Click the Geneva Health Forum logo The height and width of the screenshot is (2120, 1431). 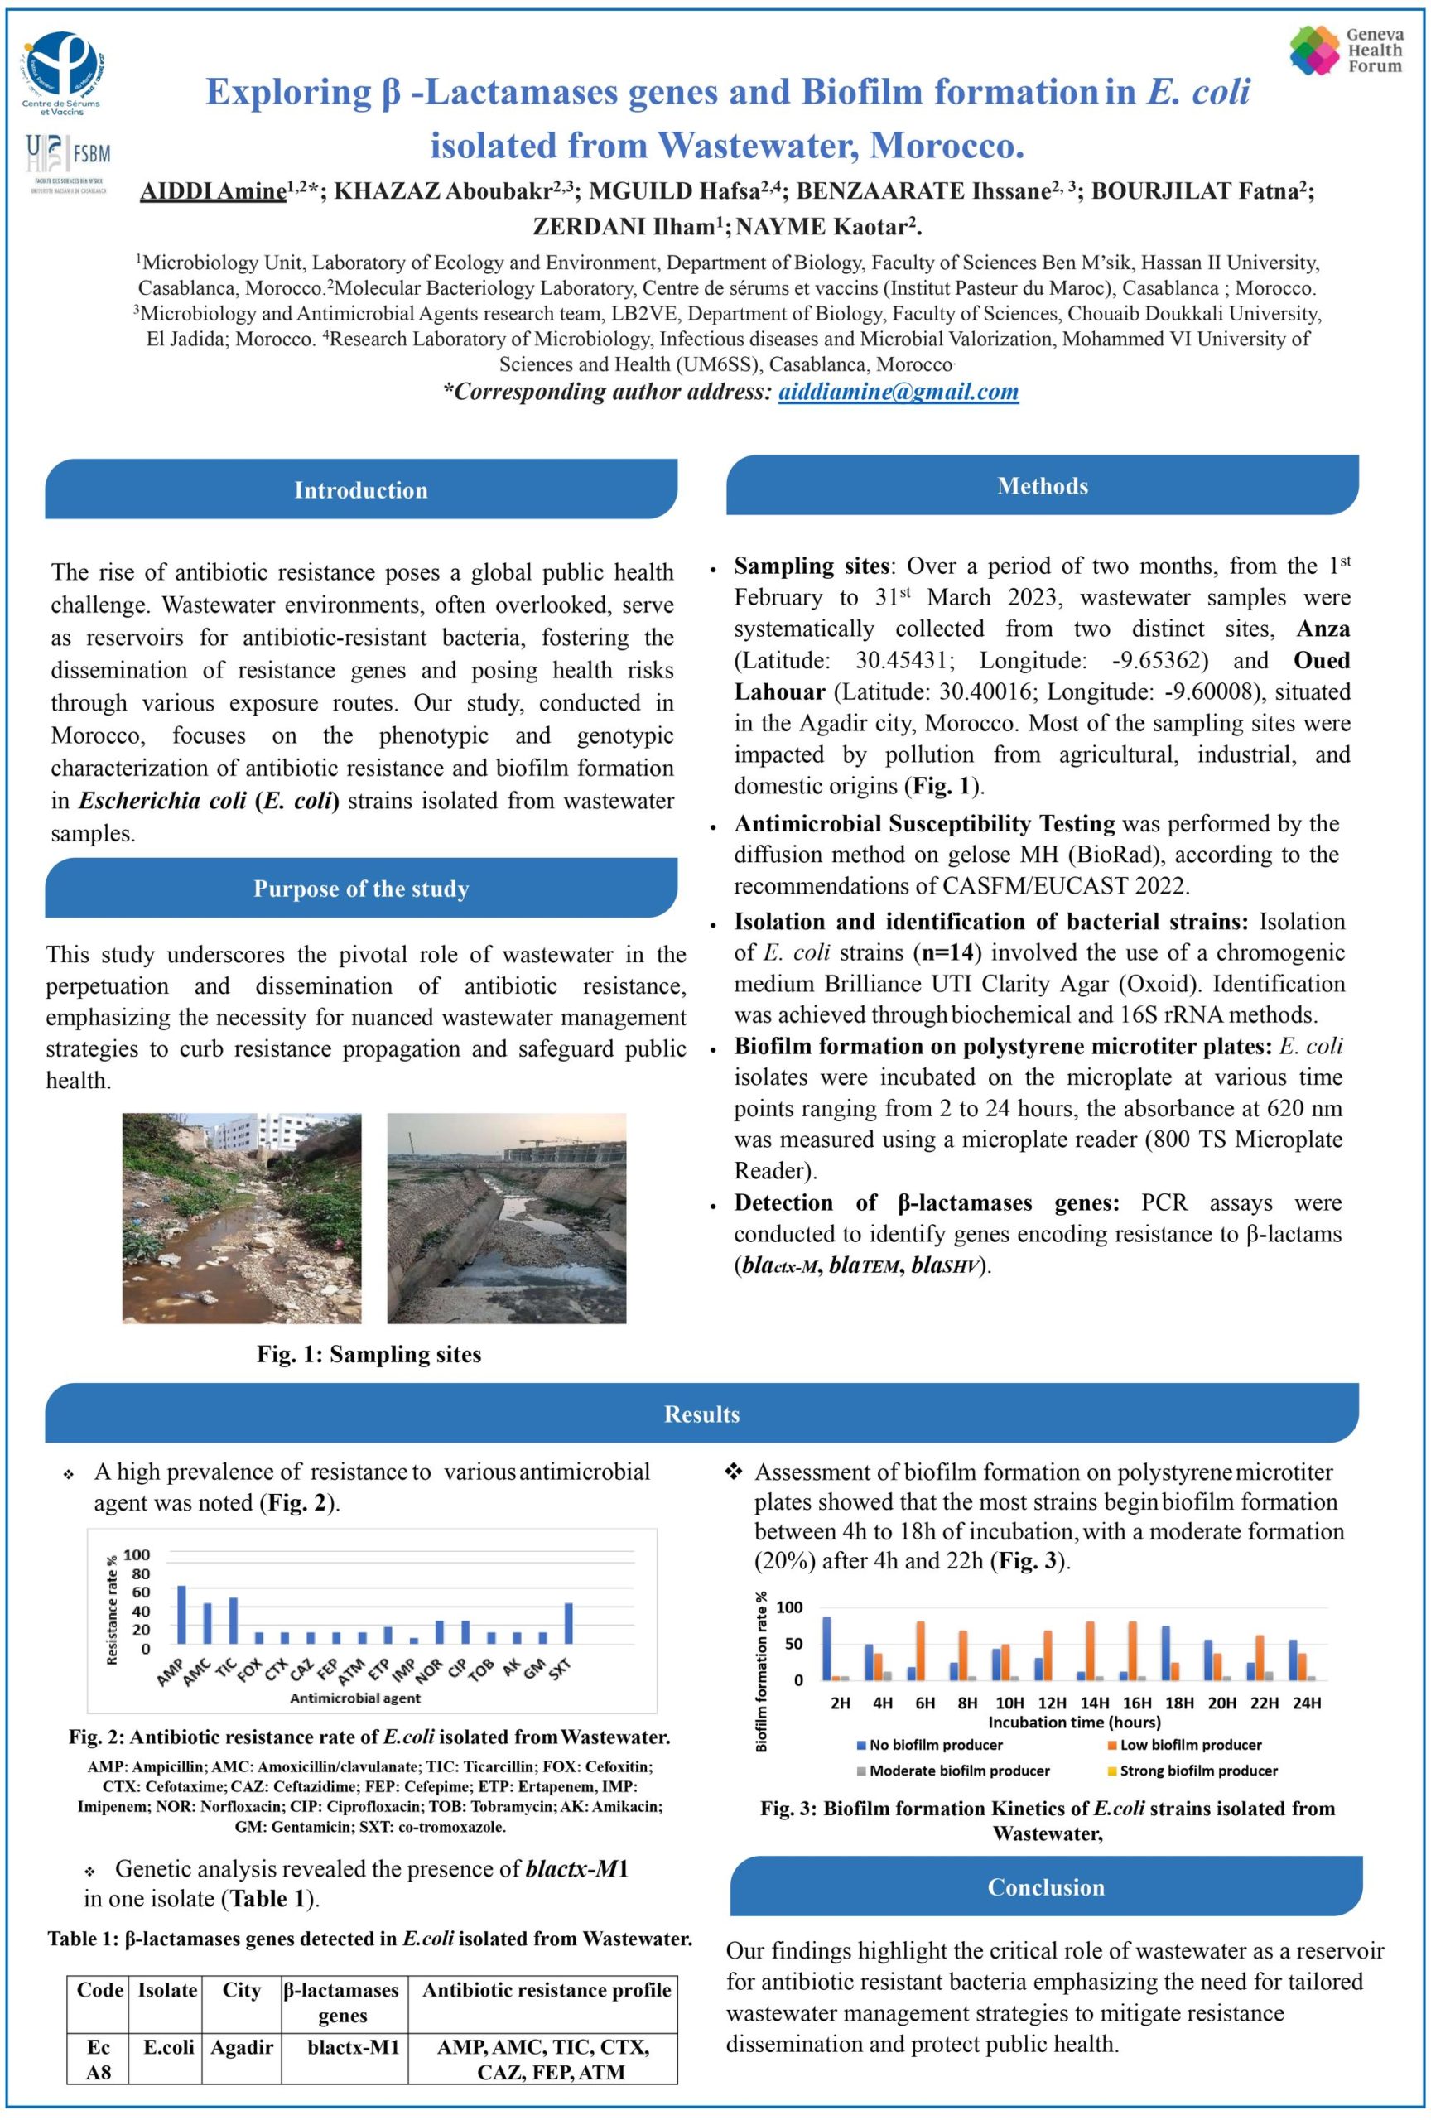click(1345, 51)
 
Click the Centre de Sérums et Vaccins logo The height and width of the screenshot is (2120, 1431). click(62, 73)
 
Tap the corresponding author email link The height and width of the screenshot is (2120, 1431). click(898, 393)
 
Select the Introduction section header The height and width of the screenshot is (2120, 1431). click(360, 490)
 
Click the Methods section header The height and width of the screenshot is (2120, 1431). click(1042, 486)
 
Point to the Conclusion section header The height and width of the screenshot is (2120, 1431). click(1045, 1887)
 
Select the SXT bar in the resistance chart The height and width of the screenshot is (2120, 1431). click(569, 1623)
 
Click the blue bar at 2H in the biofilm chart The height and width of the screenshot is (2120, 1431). click(827, 1648)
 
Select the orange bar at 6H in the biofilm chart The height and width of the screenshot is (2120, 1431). click(920, 1651)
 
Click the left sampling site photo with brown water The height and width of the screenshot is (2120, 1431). click(242, 1218)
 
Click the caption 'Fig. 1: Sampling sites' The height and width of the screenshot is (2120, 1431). click(369, 1355)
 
